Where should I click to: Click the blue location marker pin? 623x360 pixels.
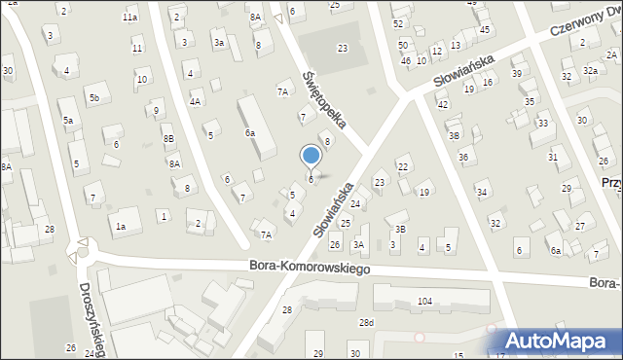point(311,157)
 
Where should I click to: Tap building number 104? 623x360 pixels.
point(424,302)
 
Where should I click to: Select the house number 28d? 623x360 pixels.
point(366,322)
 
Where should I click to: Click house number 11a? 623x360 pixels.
point(129,18)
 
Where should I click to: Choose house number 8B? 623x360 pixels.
point(168,139)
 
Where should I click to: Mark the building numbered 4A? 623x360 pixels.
point(196,101)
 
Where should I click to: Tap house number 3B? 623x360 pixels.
point(399,229)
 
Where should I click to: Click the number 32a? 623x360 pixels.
point(590,71)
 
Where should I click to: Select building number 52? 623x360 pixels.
point(397,23)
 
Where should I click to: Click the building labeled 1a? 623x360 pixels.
point(121,227)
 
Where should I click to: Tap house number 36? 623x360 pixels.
point(464,157)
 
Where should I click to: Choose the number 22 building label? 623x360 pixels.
point(402,168)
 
